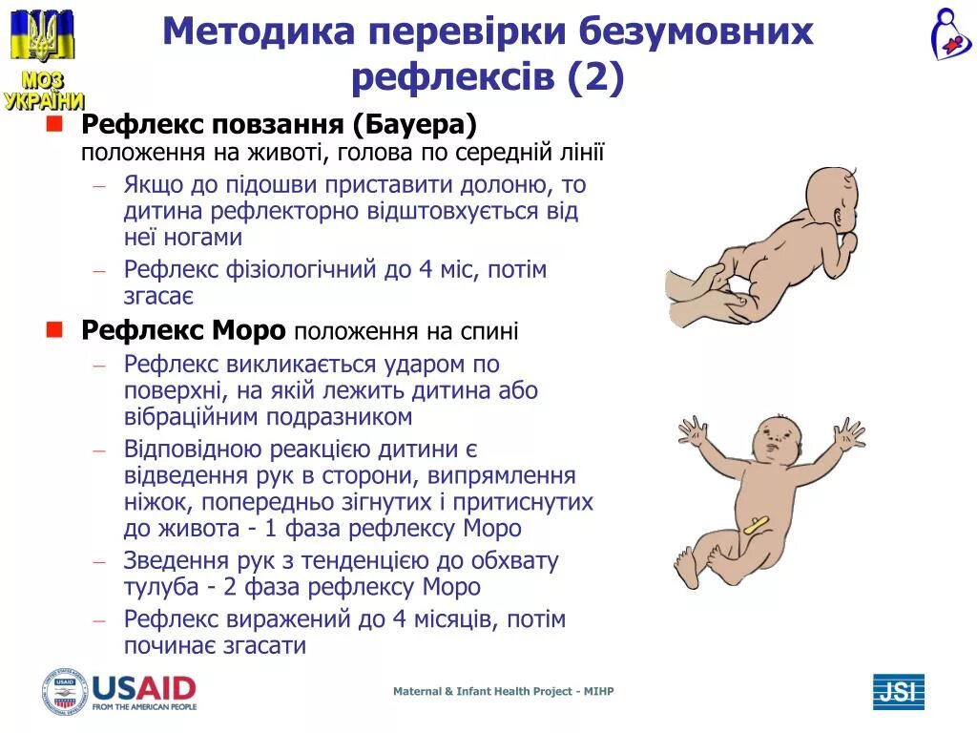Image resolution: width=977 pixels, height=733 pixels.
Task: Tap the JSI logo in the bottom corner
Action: pos(898,691)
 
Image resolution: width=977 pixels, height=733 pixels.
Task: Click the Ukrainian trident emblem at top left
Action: pos(42,36)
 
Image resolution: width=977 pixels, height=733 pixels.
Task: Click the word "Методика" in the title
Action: pos(259,31)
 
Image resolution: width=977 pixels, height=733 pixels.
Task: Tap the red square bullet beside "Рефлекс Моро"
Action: pos(54,329)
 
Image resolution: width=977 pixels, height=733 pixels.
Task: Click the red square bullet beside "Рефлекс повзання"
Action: pos(54,124)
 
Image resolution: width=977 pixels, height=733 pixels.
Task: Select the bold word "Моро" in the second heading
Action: pos(250,330)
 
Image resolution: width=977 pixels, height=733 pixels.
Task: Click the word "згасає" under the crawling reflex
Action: pos(158,296)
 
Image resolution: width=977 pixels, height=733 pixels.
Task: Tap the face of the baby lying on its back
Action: pos(779,444)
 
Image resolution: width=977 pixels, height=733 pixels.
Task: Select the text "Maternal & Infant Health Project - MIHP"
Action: pos(503,691)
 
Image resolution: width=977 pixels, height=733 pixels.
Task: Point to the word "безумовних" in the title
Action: pos(696,31)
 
